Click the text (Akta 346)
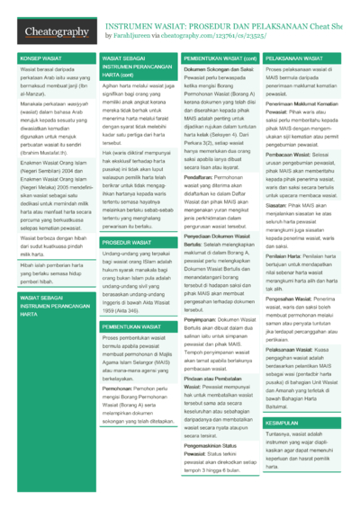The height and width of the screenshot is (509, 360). click(x=152, y=359)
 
